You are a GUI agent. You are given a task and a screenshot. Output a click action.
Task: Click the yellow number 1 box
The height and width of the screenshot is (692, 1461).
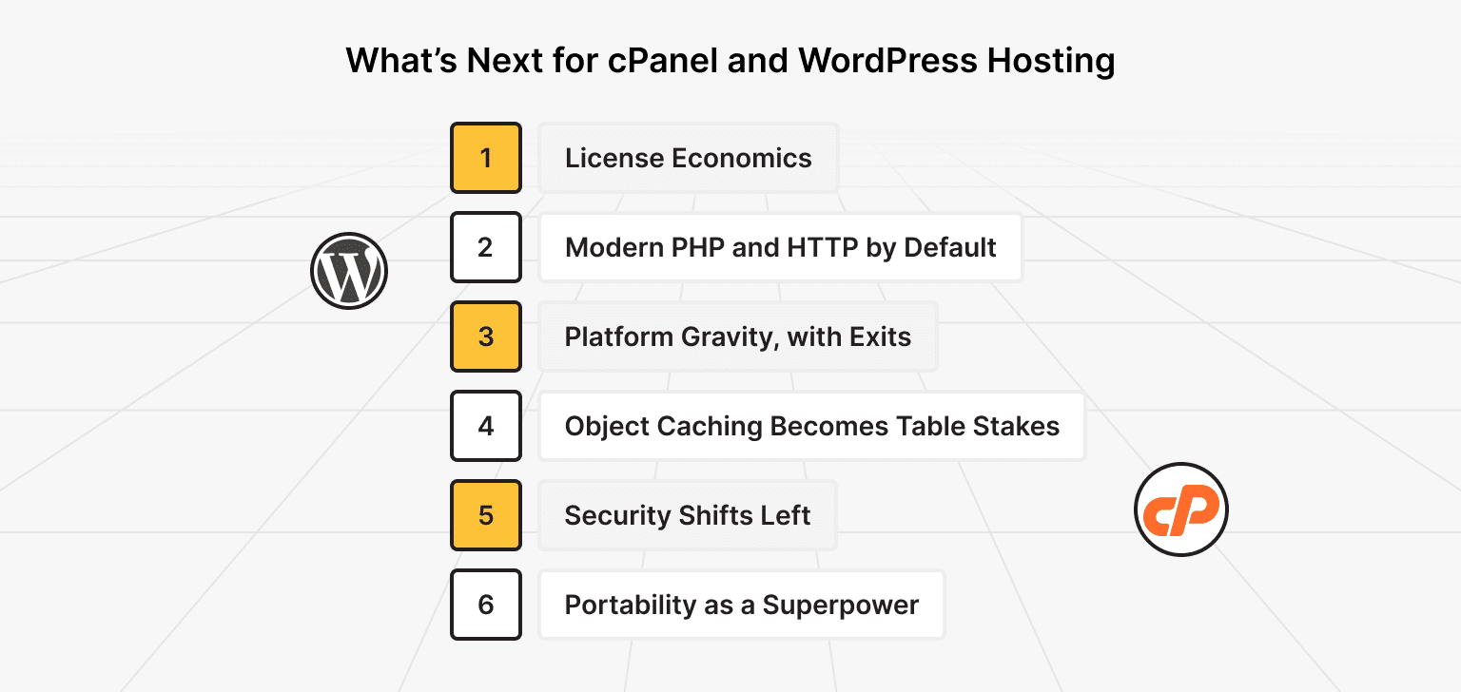coord(486,158)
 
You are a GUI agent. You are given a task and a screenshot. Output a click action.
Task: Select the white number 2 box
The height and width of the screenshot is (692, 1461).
coord(486,247)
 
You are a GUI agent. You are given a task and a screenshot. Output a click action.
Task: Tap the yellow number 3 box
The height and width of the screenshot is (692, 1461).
coord(486,336)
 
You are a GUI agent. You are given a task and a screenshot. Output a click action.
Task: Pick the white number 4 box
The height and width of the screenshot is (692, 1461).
coord(486,426)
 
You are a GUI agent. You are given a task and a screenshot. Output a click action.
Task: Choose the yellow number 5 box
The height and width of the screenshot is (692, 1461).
coord(486,515)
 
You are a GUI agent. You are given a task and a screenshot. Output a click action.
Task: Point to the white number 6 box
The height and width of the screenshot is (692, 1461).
coord(486,605)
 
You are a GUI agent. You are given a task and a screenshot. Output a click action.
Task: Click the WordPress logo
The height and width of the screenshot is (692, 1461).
coord(349,270)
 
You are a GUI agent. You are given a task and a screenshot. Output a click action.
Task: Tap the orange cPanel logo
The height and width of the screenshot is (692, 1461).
coord(1181,509)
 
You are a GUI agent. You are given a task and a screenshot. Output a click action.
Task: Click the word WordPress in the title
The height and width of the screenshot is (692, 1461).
coord(886,60)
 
